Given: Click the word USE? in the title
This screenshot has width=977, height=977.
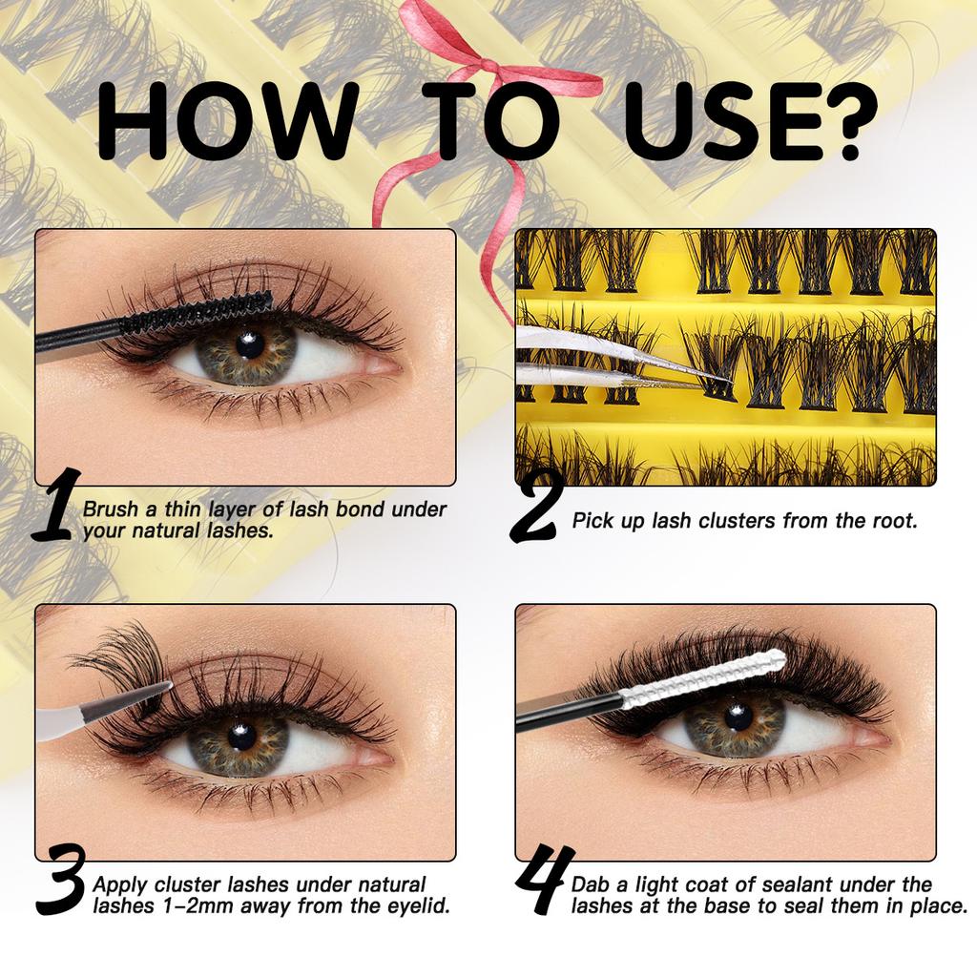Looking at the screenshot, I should click(744, 123).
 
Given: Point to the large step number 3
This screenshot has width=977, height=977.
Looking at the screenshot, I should click(61, 883).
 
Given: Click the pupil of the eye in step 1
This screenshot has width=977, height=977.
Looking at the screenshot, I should click(250, 344).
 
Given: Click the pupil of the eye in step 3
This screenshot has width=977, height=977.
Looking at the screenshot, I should click(240, 735).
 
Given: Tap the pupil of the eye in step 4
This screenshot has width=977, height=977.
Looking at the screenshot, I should click(736, 717).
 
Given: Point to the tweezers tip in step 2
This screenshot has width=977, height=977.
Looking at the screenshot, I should click(725, 381).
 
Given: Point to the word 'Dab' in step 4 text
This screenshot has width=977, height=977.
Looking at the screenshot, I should click(592, 885).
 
